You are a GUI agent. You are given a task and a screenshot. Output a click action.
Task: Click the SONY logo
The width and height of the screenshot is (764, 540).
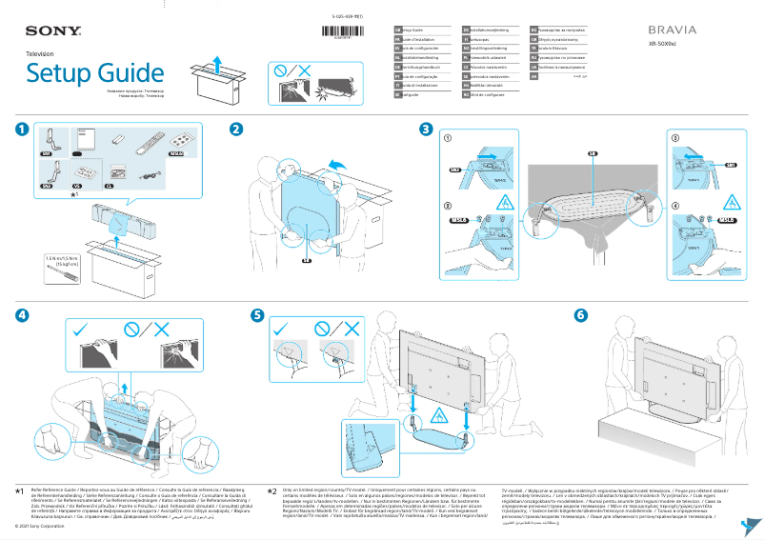(45, 31)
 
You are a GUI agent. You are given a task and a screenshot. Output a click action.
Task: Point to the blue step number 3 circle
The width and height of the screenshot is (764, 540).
(427, 130)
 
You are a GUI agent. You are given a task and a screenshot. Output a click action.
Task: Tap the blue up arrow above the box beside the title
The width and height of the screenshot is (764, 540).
(217, 63)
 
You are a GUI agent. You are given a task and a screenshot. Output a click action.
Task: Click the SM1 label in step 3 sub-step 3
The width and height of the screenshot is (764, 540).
(732, 165)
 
